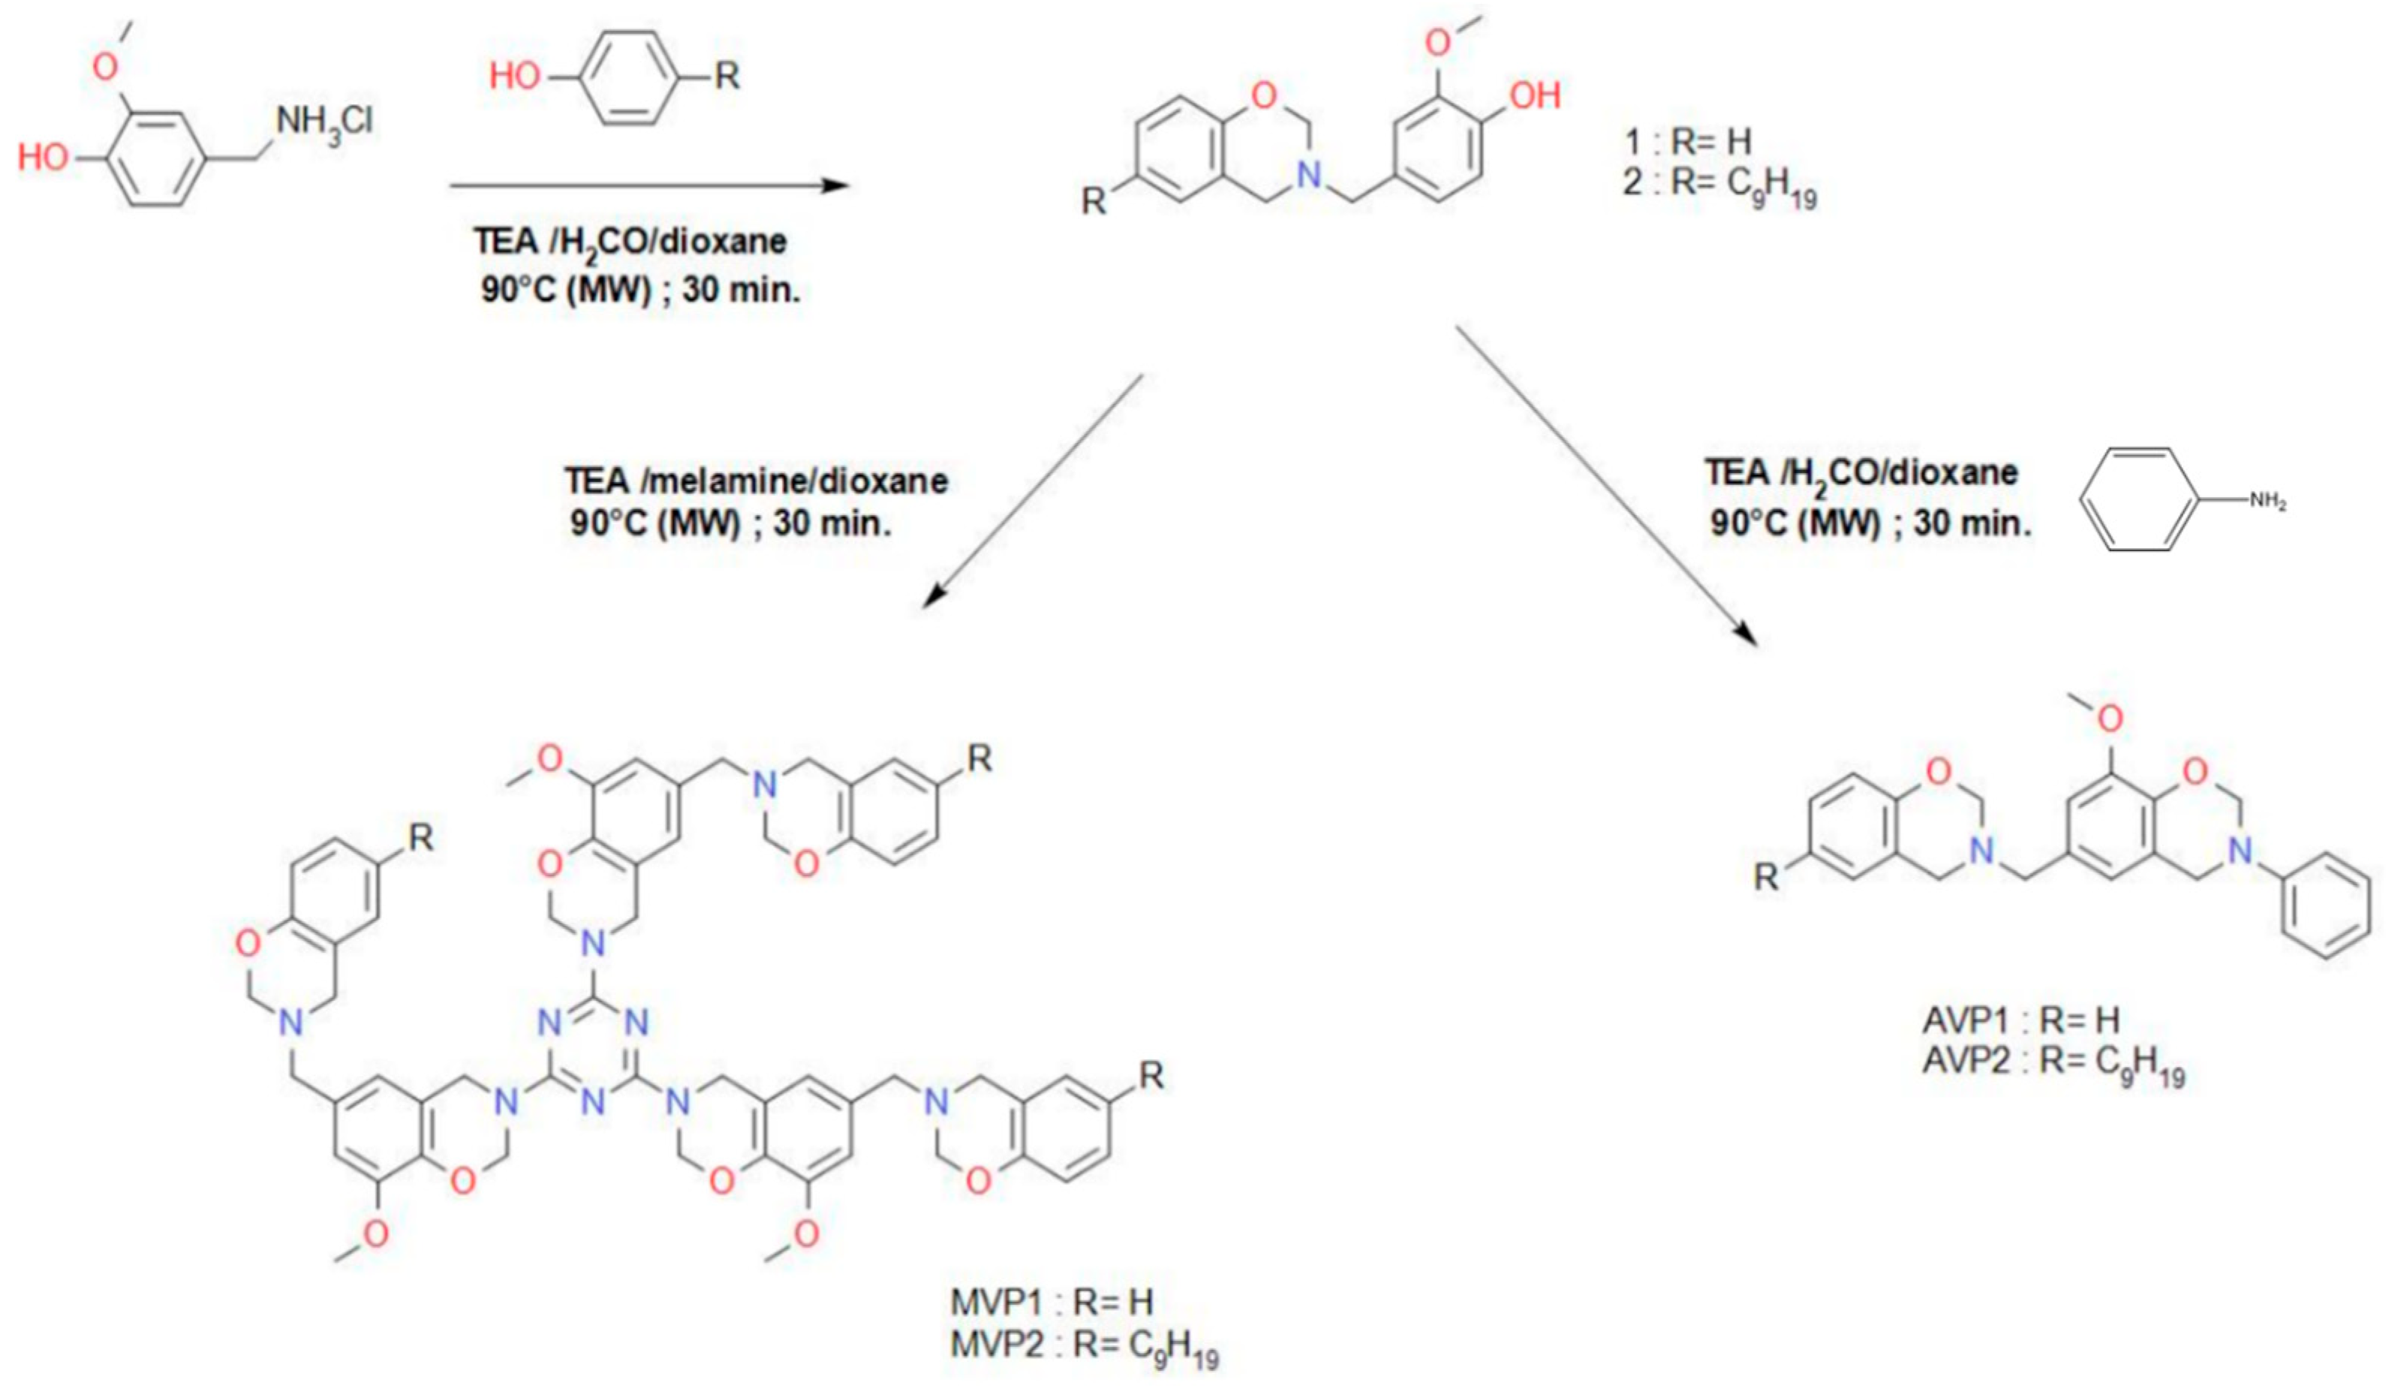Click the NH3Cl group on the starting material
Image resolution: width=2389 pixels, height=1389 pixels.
tap(324, 123)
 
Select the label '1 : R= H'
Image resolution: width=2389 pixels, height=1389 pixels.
tap(1687, 142)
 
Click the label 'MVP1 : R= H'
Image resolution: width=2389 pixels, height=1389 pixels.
tap(1052, 1303)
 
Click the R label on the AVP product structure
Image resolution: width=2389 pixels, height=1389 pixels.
tap(1765, 878)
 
